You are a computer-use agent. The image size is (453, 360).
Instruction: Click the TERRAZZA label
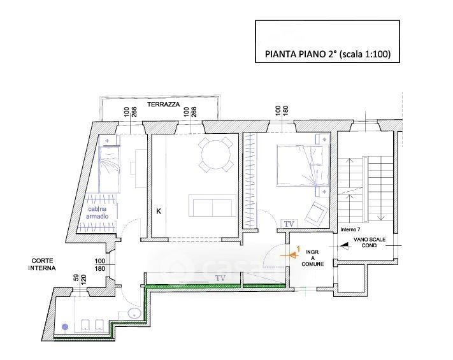[x=164, y=104]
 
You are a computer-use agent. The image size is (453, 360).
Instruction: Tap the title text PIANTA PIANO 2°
[x=301, y=54]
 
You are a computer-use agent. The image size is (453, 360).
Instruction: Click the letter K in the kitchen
[x=159, y=212]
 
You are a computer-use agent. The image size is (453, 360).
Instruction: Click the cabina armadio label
[x=97, y=212]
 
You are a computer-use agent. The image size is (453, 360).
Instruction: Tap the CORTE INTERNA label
[x=42, y=264]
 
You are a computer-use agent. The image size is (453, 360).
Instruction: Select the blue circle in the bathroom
[x=65, y=327]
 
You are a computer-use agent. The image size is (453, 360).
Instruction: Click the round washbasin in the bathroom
[x=134, y=313]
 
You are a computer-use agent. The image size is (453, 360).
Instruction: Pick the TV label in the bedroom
[x=289, y=224]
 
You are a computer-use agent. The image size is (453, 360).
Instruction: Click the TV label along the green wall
[x=220, y=278]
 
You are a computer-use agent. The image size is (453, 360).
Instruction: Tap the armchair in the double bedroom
[x=317, y=213]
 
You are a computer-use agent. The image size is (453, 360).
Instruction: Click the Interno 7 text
[x=350, y=229]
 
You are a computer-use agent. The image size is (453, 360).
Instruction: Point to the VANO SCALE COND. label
[x=370, y=242]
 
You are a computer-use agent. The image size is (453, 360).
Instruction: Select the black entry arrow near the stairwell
[x=344, y=246]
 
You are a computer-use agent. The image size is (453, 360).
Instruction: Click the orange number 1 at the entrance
[x=298, y=248]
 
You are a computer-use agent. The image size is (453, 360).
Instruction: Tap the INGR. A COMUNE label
[x=313, y=258]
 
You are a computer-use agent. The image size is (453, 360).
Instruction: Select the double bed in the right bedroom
[x=303, y=166]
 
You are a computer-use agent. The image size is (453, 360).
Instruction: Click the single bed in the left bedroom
[x=109, y=169]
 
